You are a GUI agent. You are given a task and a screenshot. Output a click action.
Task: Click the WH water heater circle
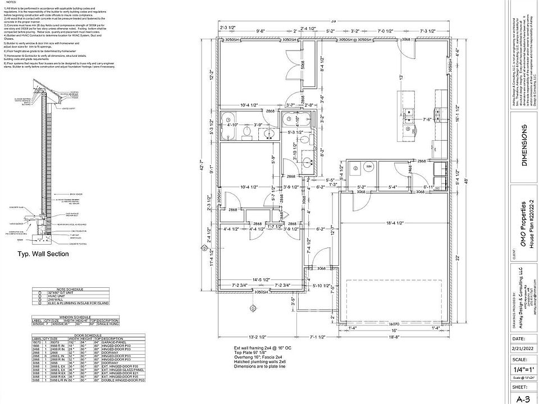click(368, 167)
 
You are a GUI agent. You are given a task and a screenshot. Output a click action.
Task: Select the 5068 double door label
click(303, 66)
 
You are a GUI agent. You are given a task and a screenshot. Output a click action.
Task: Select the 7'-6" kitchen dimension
click(426, 119)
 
